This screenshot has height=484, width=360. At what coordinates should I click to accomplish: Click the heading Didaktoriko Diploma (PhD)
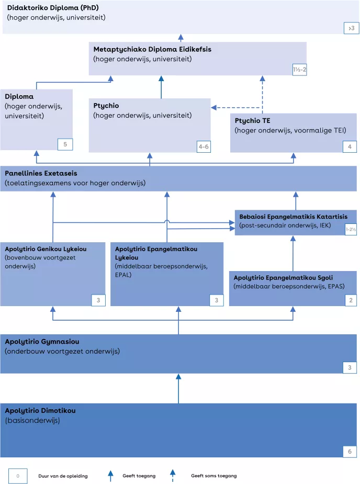point(53,8)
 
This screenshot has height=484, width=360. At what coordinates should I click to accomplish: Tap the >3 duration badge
point(352,28)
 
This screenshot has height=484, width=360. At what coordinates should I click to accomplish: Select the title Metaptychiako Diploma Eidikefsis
point(152,49)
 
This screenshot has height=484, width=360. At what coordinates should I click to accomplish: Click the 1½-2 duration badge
point(299,69)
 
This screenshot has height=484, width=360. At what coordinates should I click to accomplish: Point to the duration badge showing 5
point(65,144)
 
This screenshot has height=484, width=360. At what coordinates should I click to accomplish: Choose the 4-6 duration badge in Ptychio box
point(204,147)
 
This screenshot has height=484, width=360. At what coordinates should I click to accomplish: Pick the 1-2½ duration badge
point(351,229)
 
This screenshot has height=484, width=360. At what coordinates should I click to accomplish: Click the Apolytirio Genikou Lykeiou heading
point(46,249)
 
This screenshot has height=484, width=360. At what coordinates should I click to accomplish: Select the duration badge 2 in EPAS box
point(351,300)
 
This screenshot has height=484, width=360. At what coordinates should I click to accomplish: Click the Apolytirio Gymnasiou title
point(42,342)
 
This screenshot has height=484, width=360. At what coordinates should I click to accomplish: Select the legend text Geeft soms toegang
point(213,476)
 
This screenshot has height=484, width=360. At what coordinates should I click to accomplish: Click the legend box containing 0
point(18,476)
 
